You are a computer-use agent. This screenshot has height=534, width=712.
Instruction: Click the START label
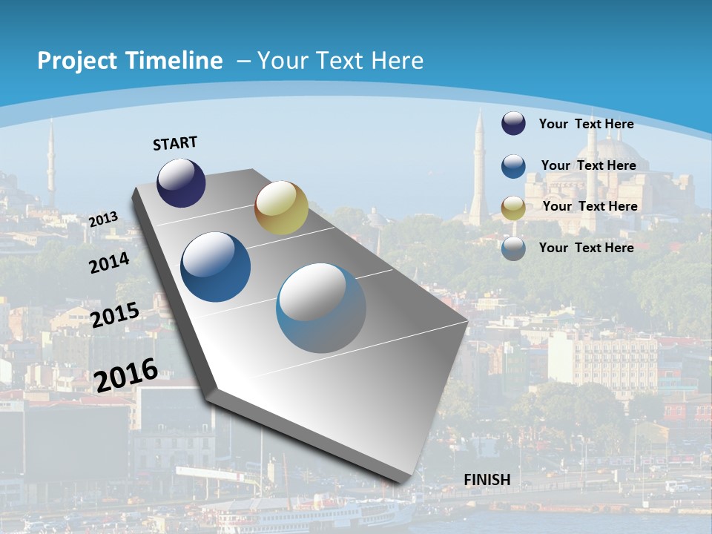[x=175, y=143]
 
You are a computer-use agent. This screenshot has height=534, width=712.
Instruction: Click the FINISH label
[x=487, y=480]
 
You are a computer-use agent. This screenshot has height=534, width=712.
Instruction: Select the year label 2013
[x=103, y=220]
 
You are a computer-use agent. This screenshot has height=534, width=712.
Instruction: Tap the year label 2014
[x=109, y=263]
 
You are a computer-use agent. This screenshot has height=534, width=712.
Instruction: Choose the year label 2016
[x=126, y=375]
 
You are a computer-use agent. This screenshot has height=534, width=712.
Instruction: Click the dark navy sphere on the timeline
[x=181, y=183]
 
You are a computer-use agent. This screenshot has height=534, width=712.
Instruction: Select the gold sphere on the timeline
[x=281, y=208]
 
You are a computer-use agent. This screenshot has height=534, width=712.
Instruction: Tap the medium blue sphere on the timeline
[x=216, y=267]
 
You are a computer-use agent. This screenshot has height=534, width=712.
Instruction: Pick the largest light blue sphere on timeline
[x=321, y=308]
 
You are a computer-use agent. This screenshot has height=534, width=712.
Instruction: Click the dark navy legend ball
[x=513, y=123]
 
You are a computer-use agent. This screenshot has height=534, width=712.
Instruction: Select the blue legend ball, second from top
[x=513, y=166]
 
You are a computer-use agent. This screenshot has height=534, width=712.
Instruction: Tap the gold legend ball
[x=513, y=208]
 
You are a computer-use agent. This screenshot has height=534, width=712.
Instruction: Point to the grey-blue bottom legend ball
[x=513, y=248]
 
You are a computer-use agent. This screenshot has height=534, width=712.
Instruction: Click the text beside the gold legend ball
[x=590, y=206]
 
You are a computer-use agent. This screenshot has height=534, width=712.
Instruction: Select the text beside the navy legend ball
[x=586, y=124]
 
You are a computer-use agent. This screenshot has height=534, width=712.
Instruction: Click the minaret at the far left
[x=51, y=163]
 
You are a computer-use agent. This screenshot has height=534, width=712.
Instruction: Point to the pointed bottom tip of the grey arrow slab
[x=404, y=484]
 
